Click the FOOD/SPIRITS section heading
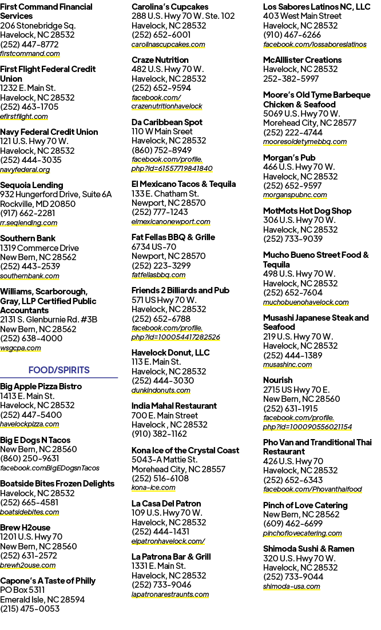point(59,370)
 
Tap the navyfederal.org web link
point(25,170)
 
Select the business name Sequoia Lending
point(32,185)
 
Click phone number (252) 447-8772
point(29,44)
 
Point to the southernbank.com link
point(30,276)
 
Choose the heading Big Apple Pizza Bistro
point(41,386)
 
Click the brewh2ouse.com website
point(27,565)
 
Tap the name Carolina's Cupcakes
point(170,7)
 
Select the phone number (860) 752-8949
point(161,150)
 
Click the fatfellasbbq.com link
point(158,275)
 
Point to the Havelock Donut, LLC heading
point(170,352)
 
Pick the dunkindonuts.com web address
point(161,390)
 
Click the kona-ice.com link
point(153,488)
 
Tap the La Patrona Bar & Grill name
point(171,557)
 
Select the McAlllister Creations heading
point(302,60)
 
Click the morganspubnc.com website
point(295,195)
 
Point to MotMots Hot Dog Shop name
point(307,211)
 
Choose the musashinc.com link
point(287,364)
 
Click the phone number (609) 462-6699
point(293,524)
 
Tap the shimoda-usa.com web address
point(292,586)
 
